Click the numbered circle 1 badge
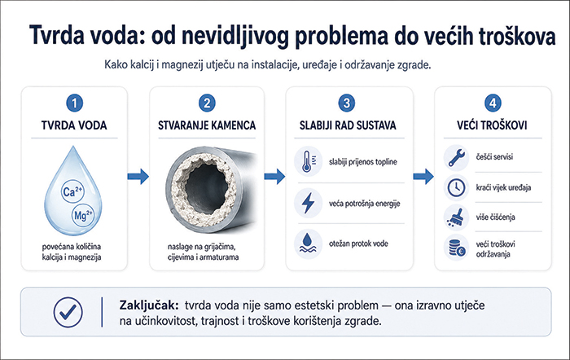(x=75, y=103)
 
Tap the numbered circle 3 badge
(x=346, y=103)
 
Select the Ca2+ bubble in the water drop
(x=72, y=191)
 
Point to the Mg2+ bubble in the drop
(x=83, y=215)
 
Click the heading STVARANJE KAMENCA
(x=207, y=125)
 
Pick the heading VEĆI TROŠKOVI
(x=492, y=125)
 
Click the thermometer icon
(x=309, y=161)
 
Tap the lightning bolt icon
(x=309, y=203)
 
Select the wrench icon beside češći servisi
(x=456, y=157)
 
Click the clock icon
(x=456, y=187)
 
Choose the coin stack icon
(x=456, y=248)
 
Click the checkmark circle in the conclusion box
(x=68, y=312)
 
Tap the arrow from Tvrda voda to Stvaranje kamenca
(x=138, y=177)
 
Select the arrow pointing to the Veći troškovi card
(x=423, y=177)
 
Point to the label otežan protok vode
(x=358, y=244)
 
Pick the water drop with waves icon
(x=309, y=244)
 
